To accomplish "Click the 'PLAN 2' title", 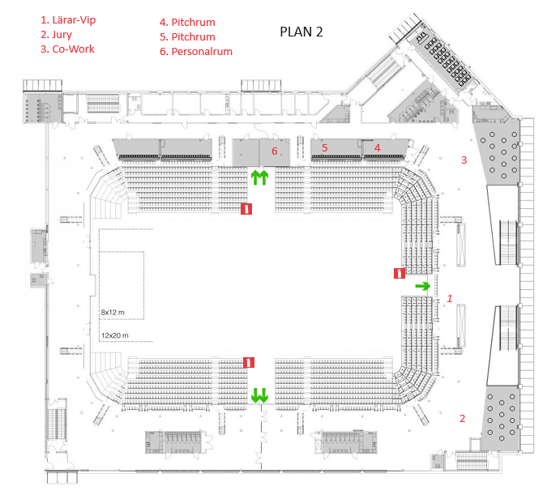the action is [x=301, y=32].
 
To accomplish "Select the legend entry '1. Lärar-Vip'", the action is [x=68, y=20].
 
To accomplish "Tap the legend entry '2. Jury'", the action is [x=56, y=35].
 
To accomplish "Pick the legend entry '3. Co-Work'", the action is [x=67, y=49].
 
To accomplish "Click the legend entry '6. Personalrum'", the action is [x=195, y=51].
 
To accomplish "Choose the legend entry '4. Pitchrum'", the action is [x=187, y=22].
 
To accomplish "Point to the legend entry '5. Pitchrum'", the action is [x=187, y=36].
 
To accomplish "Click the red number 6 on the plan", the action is [x=274, y=151].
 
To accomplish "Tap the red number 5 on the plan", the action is [x=324, y=147].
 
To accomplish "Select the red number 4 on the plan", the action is [x=377, y=147].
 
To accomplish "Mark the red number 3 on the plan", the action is [x=464, y=160].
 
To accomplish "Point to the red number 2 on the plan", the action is [x=462, y=418].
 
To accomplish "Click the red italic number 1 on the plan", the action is [x=449, y=298].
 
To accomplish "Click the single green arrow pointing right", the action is [x=422, y=286].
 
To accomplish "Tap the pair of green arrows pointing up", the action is [x=259, y=177].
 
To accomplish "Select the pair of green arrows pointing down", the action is [x=259, y=395].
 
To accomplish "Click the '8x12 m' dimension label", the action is [x=113, y=313].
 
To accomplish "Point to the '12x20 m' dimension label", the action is [x=114, y=335].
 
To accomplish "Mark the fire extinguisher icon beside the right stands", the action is [x=400, y=274].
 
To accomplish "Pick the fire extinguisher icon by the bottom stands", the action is [x=249, y=363].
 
